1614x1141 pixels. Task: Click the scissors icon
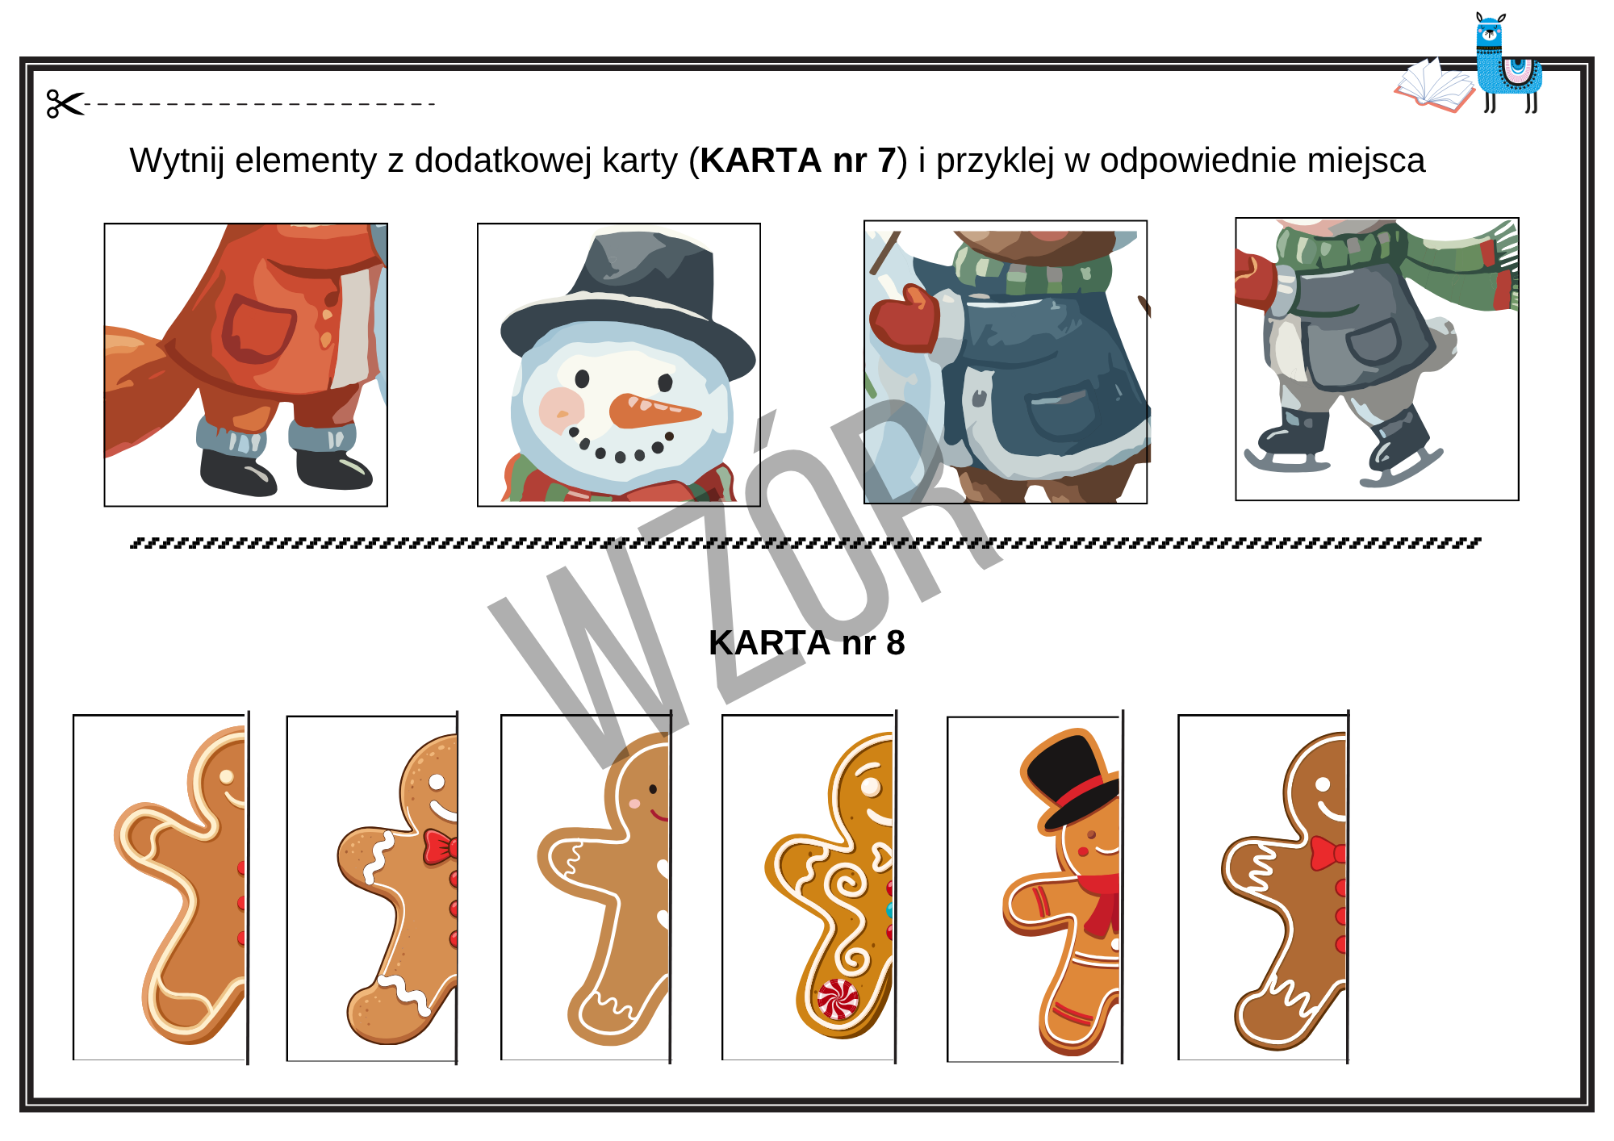(65, 103)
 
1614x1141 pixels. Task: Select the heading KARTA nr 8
(807, 643)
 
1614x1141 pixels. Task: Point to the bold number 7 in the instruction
(887, 161)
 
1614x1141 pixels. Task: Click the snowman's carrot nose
(654, 410)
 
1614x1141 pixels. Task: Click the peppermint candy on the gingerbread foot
(838, 1000)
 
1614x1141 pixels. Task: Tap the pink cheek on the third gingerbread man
(634, 804)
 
